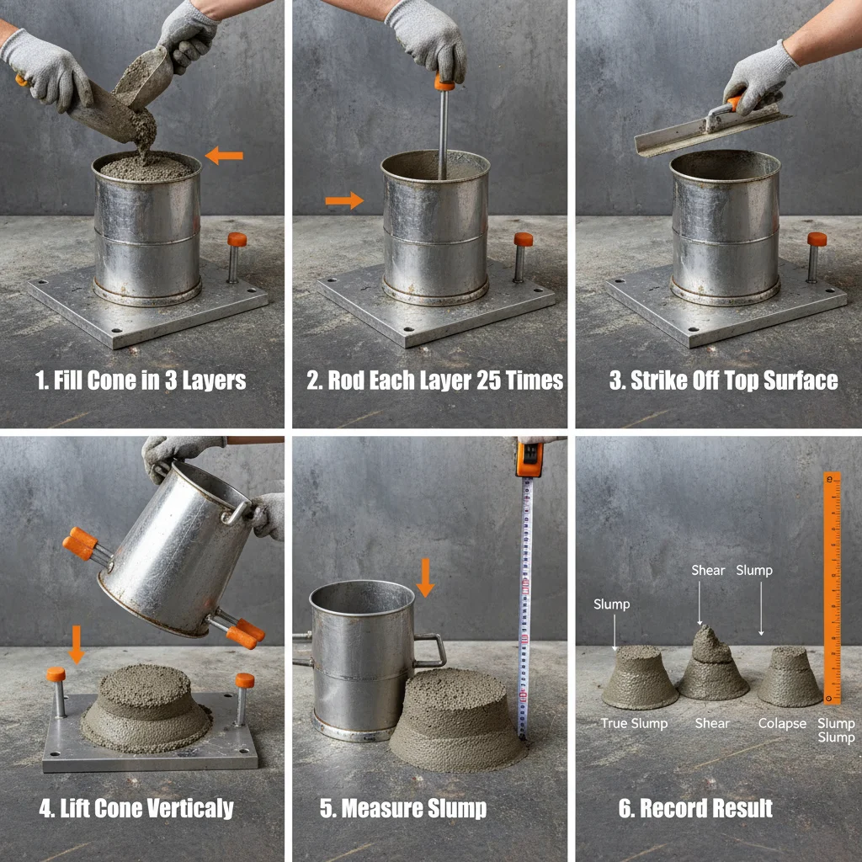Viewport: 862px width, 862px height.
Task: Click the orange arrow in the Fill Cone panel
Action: click(224, 155)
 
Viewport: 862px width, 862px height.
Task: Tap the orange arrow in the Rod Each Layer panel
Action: click(343, 200)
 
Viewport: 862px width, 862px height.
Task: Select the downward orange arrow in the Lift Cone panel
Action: click(77, 644)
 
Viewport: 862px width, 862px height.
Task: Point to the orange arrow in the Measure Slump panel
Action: click(425, 577)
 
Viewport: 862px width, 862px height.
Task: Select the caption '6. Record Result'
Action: click(695, 809)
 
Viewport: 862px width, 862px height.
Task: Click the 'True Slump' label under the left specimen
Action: click(634, 723)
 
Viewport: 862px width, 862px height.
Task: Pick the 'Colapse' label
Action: click(782, 723)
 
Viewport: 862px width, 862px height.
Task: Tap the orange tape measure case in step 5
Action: click(529, 459)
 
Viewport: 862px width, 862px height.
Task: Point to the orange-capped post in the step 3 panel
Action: click(816, 257)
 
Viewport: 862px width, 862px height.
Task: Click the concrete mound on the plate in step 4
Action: click(146, 710)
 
